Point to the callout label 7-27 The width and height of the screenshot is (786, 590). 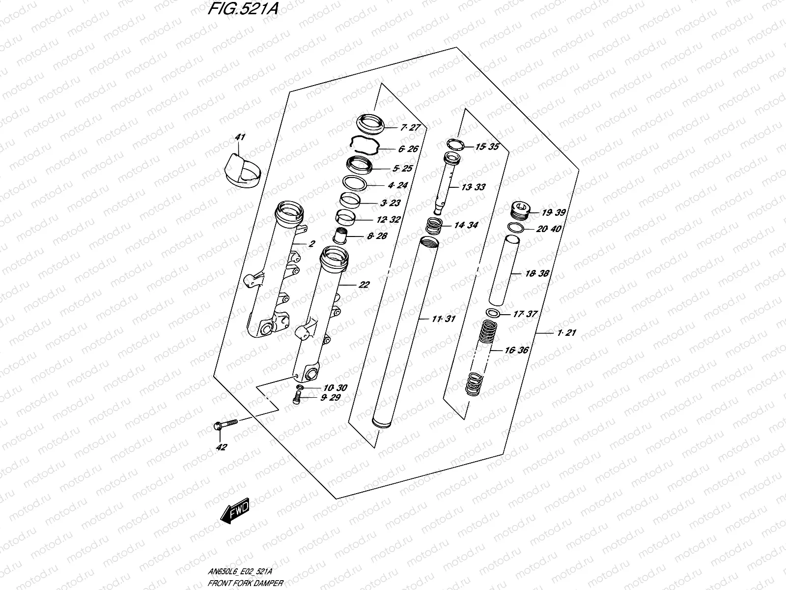pyautogui.click(x=410, y=128)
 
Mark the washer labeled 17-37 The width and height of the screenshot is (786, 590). pyautogui.click(x=493, y=313)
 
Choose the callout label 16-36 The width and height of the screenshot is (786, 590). pyautogui.click(x=516, y=351)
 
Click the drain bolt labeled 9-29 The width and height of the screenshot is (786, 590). pyautogui.click(x=296, y=399)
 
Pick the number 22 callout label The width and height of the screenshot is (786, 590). pyautogui.click(x=364, y=285)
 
